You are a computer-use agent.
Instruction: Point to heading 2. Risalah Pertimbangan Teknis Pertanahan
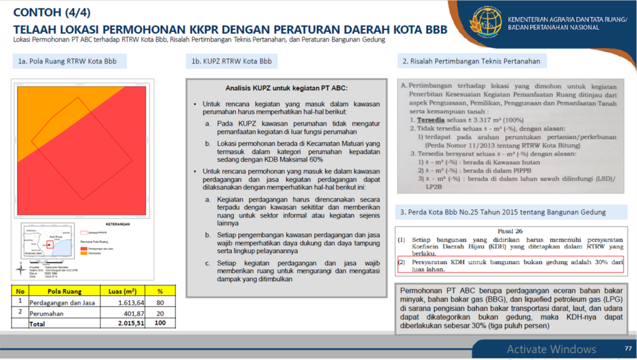pos(475,61)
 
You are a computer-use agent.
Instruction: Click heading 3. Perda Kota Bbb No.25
pos(503,212)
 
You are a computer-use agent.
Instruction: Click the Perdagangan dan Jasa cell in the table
pos(62,302)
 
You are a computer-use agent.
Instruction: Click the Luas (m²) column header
pos(122,290)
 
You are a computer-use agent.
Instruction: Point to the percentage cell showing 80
pos(160,302)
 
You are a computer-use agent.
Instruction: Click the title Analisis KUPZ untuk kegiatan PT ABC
pos(286,88)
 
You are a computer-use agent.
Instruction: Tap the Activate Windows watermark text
pos(551,349)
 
